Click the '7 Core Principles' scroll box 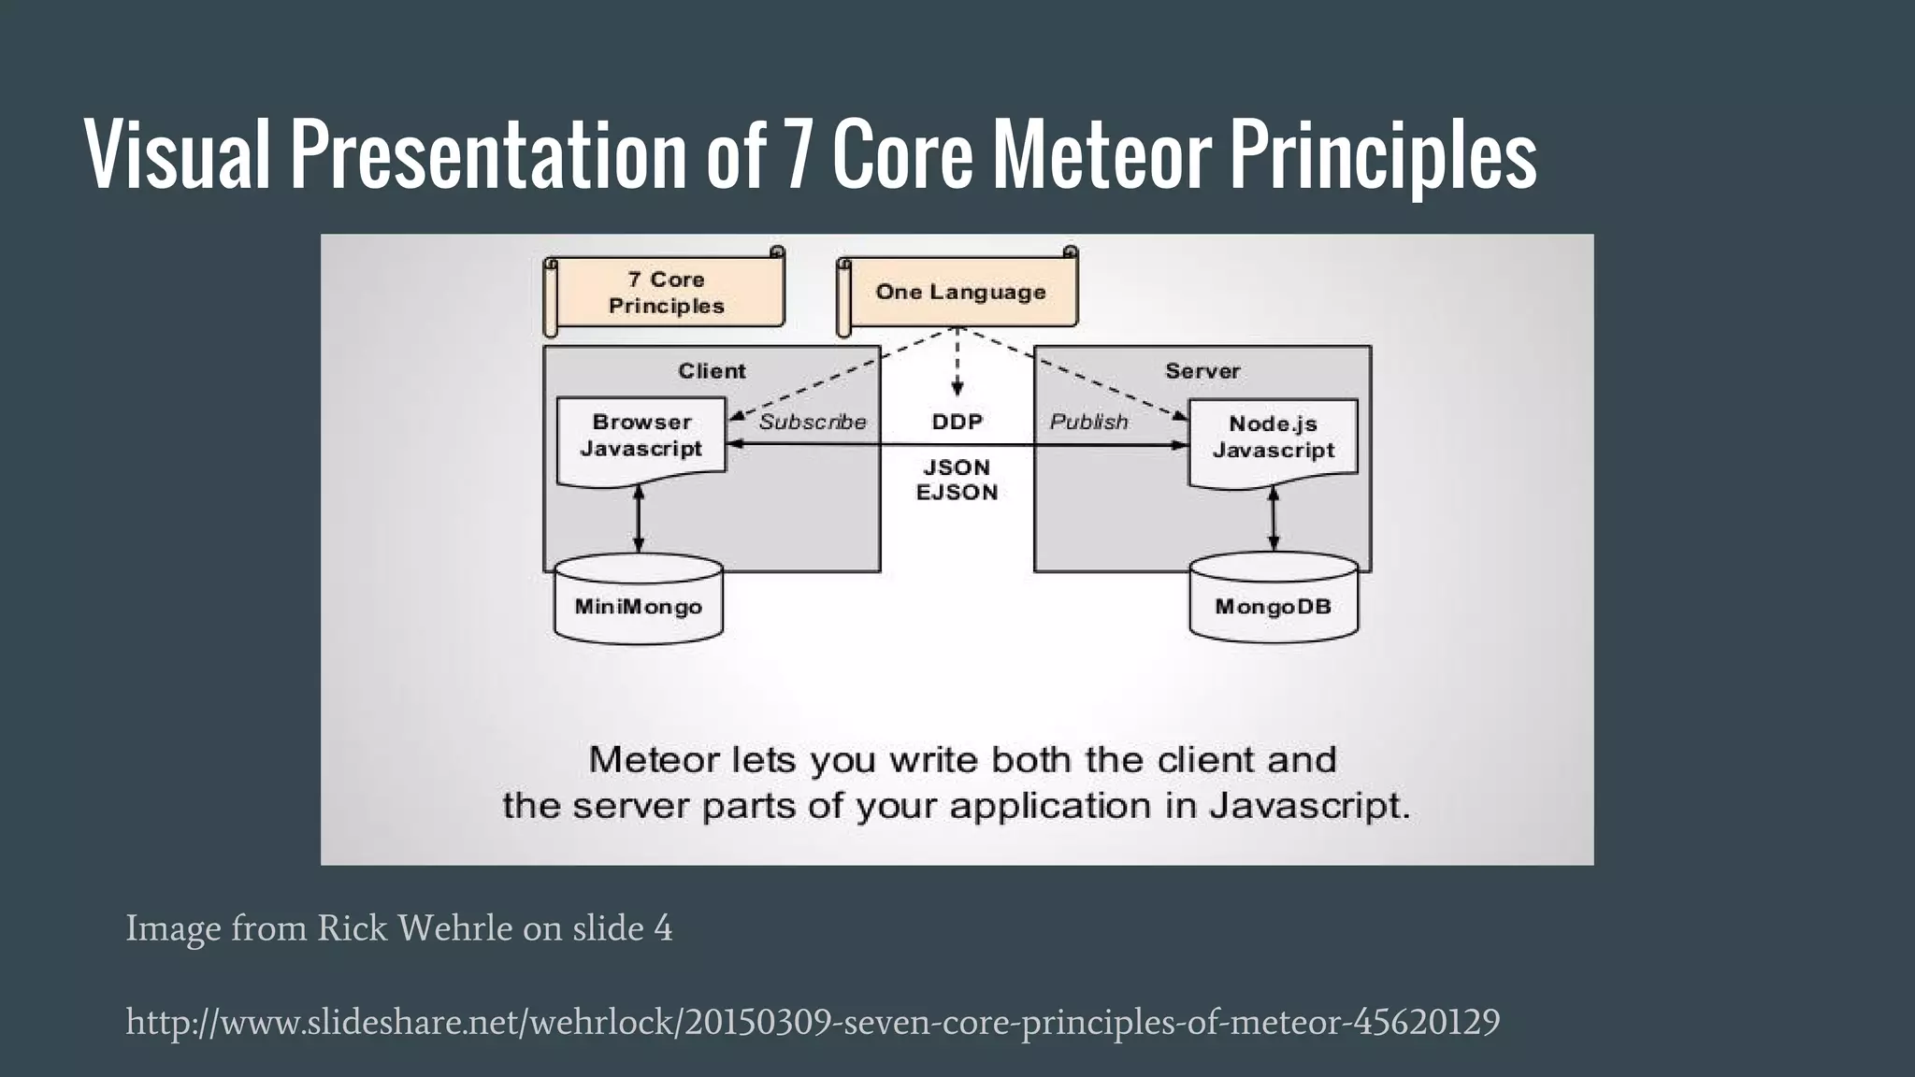[665, 293]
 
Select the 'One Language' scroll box [959, 293]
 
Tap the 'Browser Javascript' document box [641, 438]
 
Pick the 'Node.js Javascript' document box [1273, 438]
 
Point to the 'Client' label [712, 371]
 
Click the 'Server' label [1202, 371]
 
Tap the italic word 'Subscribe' [812, 423]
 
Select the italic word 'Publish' [1088, 423]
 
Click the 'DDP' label [957, 423]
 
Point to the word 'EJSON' [957, 493]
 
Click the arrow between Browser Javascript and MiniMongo [639, 520]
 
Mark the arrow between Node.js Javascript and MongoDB [1273, 520]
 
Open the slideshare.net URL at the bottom [813, 1022]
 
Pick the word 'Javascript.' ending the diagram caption [1309, 806]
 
